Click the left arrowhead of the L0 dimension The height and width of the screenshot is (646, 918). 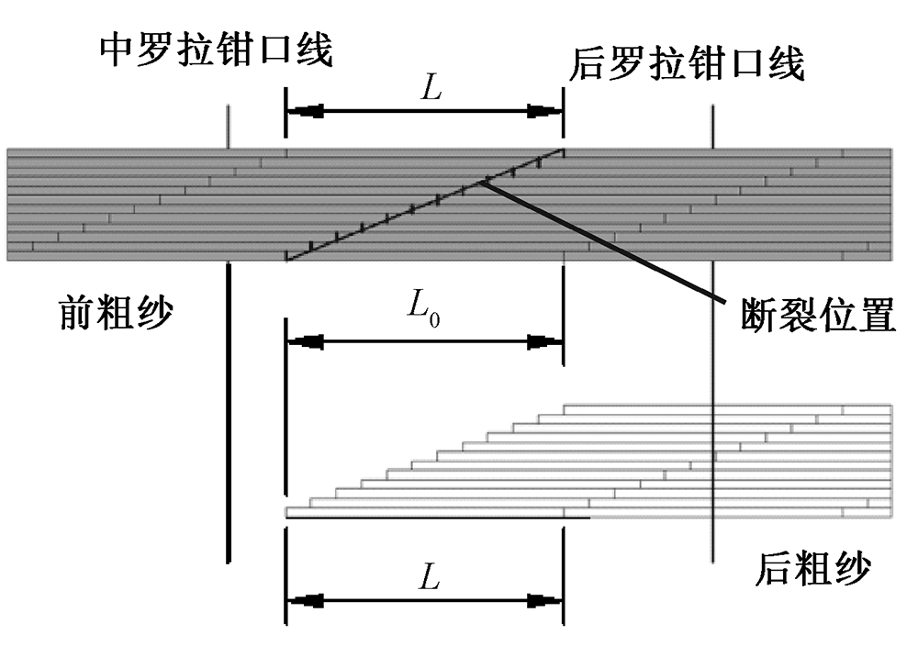pyautogui.click(x=307, y=342)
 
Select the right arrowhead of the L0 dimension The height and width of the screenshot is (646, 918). pyautogui.click(x=543, y=342)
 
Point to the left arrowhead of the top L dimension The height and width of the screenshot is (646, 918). pyautogui.click(x=307, y=111)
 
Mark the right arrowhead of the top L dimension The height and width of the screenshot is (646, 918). pyautogui.click(x=543, y=111)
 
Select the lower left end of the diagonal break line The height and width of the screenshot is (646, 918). pyautogui.click(x=288, y=258)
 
